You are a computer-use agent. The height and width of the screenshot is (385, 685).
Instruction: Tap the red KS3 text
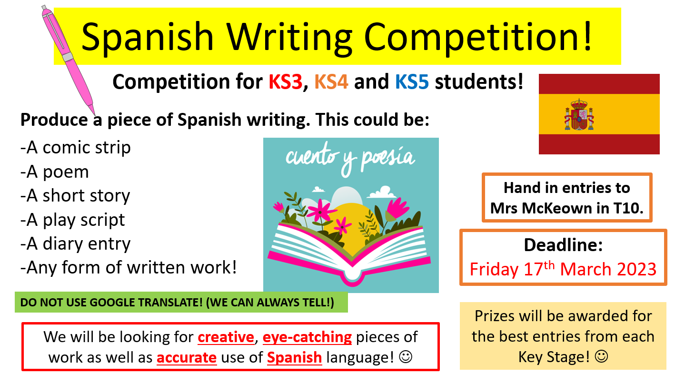(x=285, y=82)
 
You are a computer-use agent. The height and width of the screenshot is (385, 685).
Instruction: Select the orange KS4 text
(x=331, y=82)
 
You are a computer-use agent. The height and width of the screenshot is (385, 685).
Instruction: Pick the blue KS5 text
(x=412, y=82)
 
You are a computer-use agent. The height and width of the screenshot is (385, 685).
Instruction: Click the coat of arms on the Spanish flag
(x=579, y=114)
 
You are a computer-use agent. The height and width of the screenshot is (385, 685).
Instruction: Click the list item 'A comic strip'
(x=76, y=148)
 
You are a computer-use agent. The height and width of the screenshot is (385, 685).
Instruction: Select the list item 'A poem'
(x=54, y=172)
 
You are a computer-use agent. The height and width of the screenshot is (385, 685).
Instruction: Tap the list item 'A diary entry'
(x=76, y=244)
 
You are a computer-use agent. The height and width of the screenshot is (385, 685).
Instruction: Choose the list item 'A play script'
(x=73, y=220)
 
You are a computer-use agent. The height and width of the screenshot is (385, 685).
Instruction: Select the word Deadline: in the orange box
(x=563, y=245)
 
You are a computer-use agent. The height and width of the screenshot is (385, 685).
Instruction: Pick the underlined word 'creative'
(x=226, y=337)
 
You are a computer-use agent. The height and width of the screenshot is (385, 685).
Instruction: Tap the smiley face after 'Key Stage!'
(x=601, y=356)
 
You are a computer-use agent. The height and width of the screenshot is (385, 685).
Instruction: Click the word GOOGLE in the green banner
(x=112, y=303)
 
